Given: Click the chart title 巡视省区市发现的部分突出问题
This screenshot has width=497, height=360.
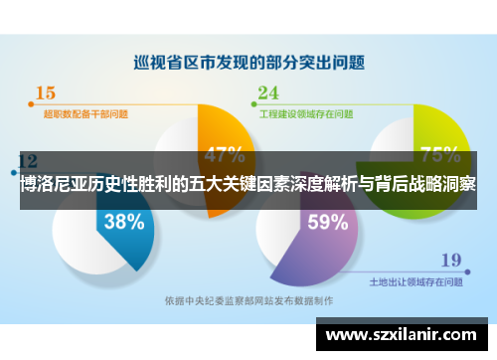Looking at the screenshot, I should click(x=248, y=62).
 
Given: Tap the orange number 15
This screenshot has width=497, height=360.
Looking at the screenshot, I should click(x=46, y=93).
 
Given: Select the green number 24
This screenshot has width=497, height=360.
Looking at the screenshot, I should click(x=268, y=93).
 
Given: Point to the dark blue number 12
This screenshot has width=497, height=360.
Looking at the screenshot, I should click(x=29, y=160).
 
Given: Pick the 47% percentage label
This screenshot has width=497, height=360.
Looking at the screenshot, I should click(x=225, y=154).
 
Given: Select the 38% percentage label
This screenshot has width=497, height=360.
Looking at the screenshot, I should click(x=123, y=222).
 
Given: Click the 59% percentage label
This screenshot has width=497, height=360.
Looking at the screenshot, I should click(x=327, y=222).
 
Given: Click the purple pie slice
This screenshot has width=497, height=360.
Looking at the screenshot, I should click(x=318, y=239).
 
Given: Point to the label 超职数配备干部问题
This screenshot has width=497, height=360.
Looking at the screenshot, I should click(x=85, y=114).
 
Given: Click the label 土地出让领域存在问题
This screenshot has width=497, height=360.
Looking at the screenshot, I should click(x=415, y=281).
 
